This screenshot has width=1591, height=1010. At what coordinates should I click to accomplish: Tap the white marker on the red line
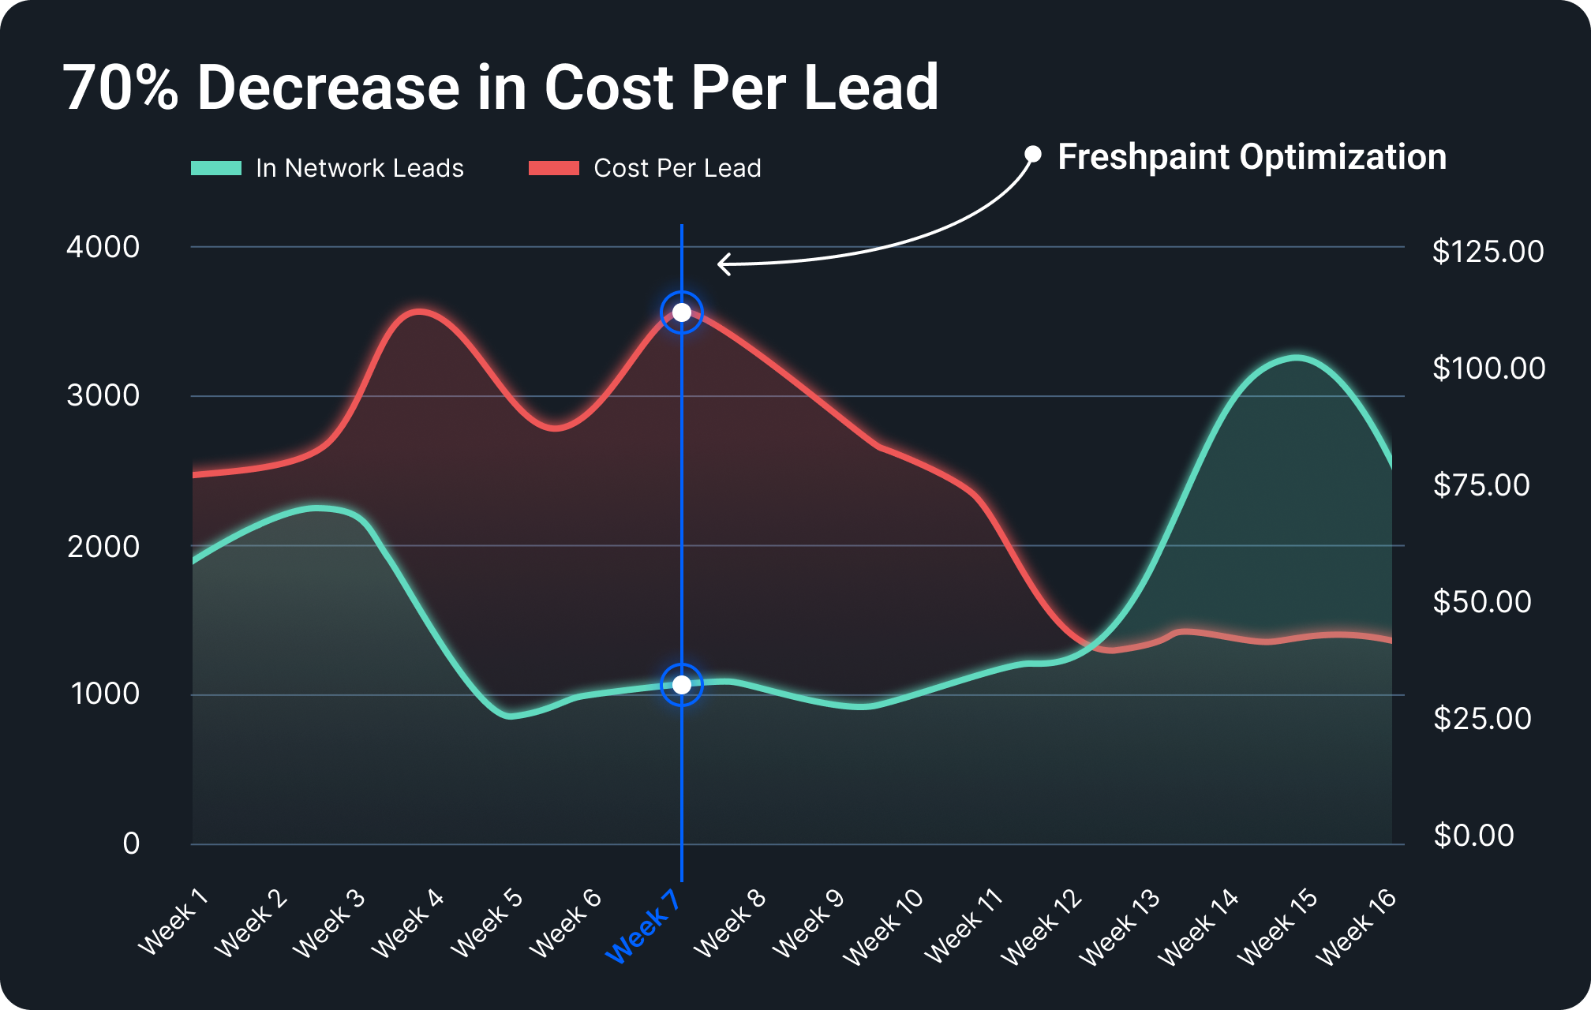point(682,312)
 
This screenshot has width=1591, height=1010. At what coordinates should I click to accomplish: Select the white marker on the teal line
point(682,684)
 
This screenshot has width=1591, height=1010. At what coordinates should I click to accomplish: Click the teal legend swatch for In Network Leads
point(216,168)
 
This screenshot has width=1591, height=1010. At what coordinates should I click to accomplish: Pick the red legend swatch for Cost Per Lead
point(554,168)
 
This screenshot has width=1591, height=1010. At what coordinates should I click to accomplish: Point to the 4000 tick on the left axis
point(103,247)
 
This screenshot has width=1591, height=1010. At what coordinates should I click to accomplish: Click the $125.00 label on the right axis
point(1488,252)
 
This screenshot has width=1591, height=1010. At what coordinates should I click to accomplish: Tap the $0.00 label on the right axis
point(1473,836)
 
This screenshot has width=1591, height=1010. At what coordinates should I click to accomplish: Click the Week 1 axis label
point(173,922)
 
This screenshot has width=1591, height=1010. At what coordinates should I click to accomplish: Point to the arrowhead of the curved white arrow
point(720,264)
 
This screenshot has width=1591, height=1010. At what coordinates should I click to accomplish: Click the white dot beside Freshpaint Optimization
point(1033,154)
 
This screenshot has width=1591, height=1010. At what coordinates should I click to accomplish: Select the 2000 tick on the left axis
point(103,546)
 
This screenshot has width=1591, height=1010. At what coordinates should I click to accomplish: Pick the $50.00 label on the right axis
point(1481,602)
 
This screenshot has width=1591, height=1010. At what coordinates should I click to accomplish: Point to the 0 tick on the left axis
point(131,844)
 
